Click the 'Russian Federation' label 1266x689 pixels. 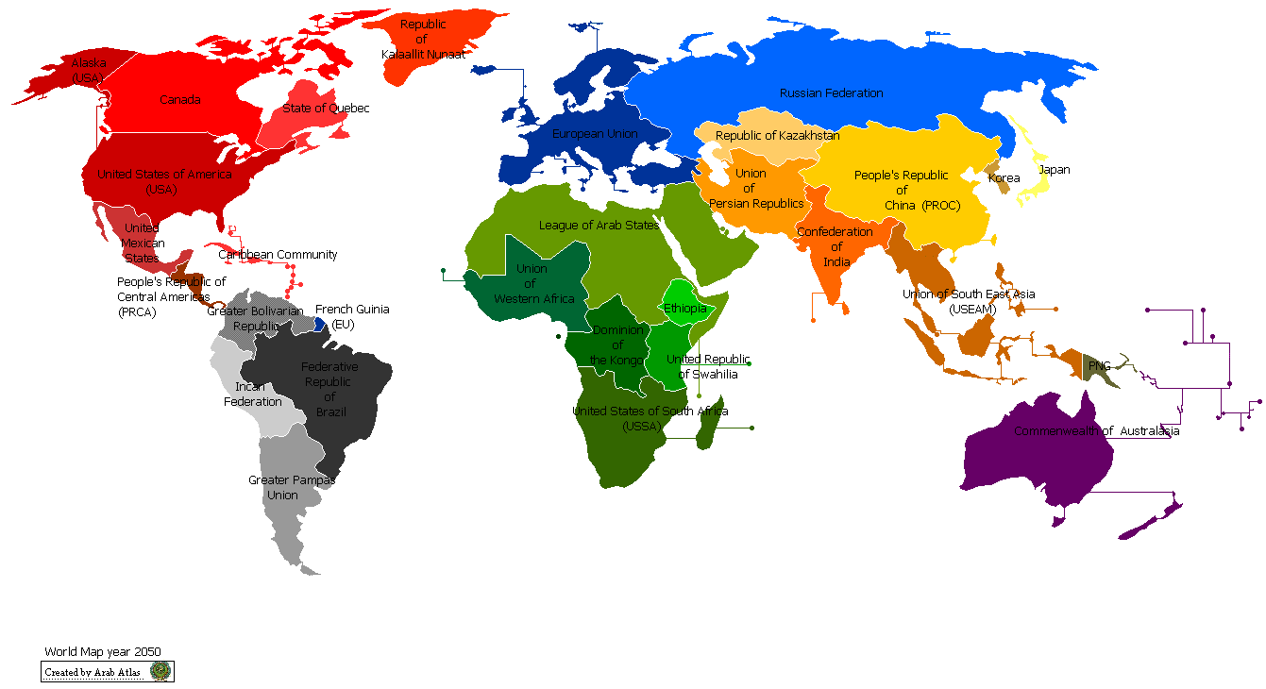pos(831,93)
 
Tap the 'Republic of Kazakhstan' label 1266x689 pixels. pos(777,136)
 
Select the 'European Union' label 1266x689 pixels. pos(595,134)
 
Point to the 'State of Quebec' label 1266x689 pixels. pos(326,109)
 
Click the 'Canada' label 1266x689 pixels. pos(179,100)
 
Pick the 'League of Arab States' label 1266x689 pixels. pos(599,226)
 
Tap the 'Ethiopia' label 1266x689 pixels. pos(684,309)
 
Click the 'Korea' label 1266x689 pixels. pos(1004,178)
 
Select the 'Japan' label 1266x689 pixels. pos(1054,171)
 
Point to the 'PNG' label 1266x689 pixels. pos(1099,365)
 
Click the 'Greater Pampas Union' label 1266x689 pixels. pos(291,487)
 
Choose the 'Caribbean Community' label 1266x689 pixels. pos(278,255)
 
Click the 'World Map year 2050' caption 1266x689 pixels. pos(103,652)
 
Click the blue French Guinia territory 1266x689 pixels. pos(321,324)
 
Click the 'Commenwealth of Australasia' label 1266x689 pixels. pos(1096,431)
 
